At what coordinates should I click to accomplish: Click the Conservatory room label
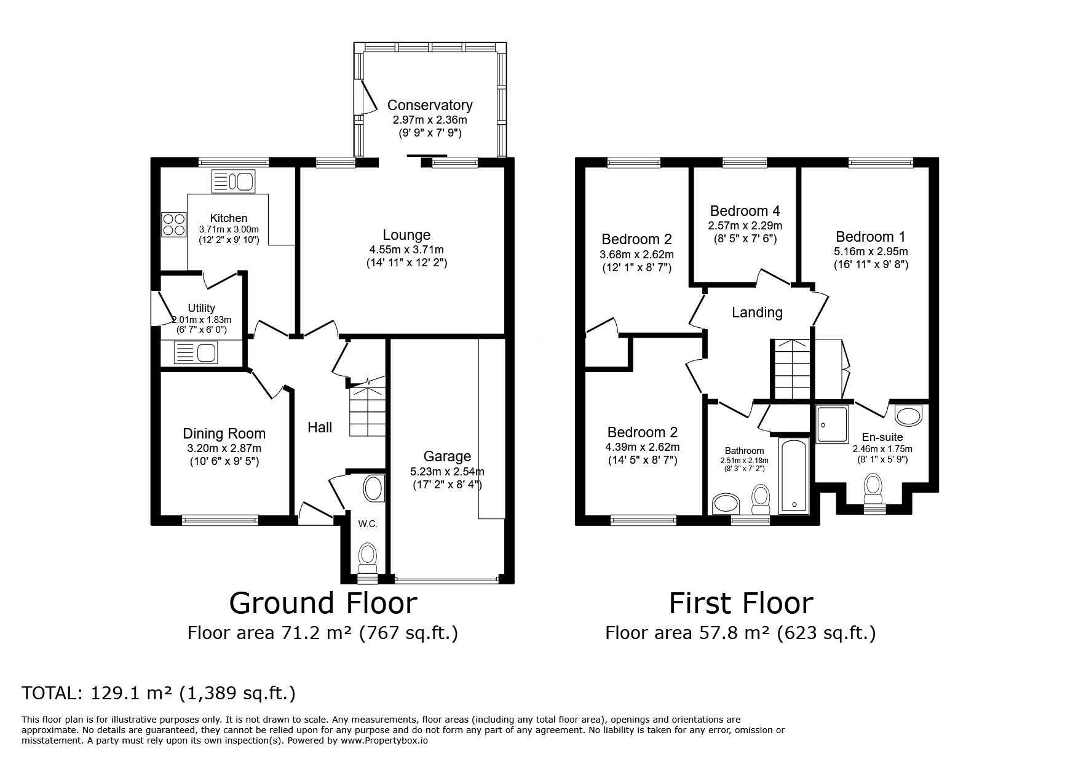point(430,105)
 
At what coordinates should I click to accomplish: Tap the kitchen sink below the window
point(232,181)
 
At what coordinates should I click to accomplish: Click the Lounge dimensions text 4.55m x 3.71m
point(406,250)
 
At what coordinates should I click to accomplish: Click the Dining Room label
point(224,434)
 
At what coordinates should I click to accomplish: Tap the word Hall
point(320,427)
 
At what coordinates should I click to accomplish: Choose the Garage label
point(447,456)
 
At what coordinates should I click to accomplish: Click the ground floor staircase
point(368,410)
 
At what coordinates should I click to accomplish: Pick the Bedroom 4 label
point(745,211)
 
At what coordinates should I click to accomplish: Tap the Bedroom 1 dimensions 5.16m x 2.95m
point(871,252)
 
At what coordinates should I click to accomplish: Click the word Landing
point(757,312)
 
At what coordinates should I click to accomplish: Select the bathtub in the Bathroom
point(794,476)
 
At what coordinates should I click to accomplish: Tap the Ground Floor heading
point(323,603)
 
